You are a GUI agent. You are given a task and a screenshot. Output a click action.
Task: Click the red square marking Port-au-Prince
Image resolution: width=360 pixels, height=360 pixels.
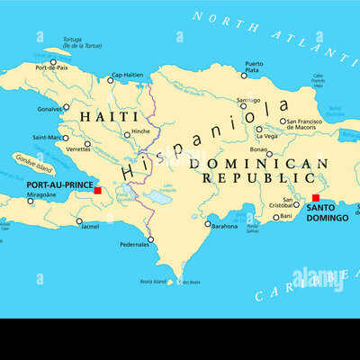coord(97,190)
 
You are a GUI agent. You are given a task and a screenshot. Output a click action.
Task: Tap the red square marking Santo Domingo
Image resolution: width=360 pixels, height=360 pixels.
coord(316,198)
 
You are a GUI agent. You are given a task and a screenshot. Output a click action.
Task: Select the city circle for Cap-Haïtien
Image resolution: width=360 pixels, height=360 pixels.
coord(111,81)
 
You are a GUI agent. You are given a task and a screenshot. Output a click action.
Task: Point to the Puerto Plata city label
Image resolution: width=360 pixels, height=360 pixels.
coord(255,67)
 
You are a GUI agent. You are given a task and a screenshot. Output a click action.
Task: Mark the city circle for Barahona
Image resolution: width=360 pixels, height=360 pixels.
coord(208,224)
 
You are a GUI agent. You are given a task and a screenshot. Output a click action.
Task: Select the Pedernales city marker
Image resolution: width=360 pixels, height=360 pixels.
coord(150,238)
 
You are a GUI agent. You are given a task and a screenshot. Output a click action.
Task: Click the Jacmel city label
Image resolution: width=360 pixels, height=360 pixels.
coord(89,227)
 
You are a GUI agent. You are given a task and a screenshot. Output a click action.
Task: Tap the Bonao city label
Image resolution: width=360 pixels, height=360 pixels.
coord(260,152)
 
